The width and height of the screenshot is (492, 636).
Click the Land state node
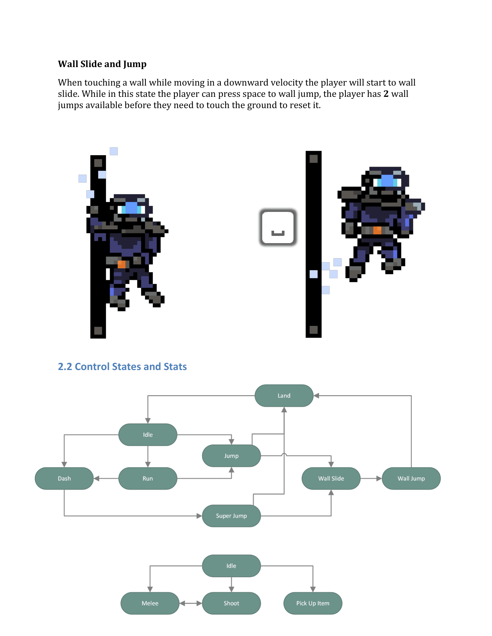click(284, 395)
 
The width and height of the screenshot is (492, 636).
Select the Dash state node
click(64, 478)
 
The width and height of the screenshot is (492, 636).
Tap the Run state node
click(148, 478)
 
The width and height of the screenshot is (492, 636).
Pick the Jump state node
click(231, 455)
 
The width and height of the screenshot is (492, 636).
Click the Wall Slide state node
click(331, 478)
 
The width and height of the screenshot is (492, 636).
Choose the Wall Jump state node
click(411, 478)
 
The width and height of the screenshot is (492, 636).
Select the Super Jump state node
click(231, 515)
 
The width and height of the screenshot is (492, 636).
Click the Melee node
click(150, 603)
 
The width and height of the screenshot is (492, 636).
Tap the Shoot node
click(231, 603)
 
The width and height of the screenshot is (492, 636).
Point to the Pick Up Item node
click(313, 603)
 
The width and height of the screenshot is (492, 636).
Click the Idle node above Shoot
click(231, 565)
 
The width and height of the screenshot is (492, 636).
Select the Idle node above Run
click(148, 435)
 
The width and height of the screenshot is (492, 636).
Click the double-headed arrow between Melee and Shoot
click(191, 603)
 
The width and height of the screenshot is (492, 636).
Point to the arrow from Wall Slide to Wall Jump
click(371, 478)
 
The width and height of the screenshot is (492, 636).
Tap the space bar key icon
click(278, 227)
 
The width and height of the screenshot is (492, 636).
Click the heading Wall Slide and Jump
click(102, 64)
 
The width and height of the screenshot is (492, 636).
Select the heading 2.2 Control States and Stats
click(122, 366)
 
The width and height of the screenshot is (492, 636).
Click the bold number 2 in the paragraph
click(386, 94)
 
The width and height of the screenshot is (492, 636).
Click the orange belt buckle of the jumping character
click(377, 230)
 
